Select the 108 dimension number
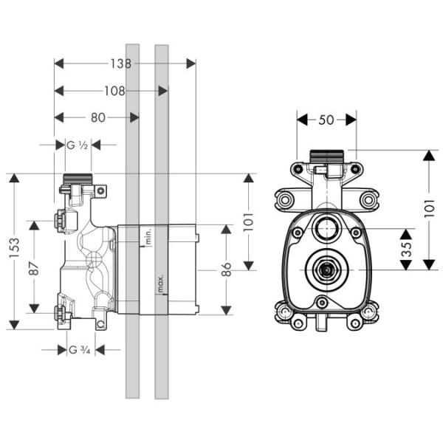[x=111, y=92]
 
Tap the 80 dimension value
[x=96, y=117]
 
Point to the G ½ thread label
[x=78, y=145]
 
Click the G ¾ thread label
[x=79, y=350]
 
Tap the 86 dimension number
[x=227, y=269]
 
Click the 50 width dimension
[x=326, y=119]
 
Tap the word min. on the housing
[x=148, y=237]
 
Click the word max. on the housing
[x=159, y=284]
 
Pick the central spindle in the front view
[x=325, y=270]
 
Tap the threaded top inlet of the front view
[x=326, y=157]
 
